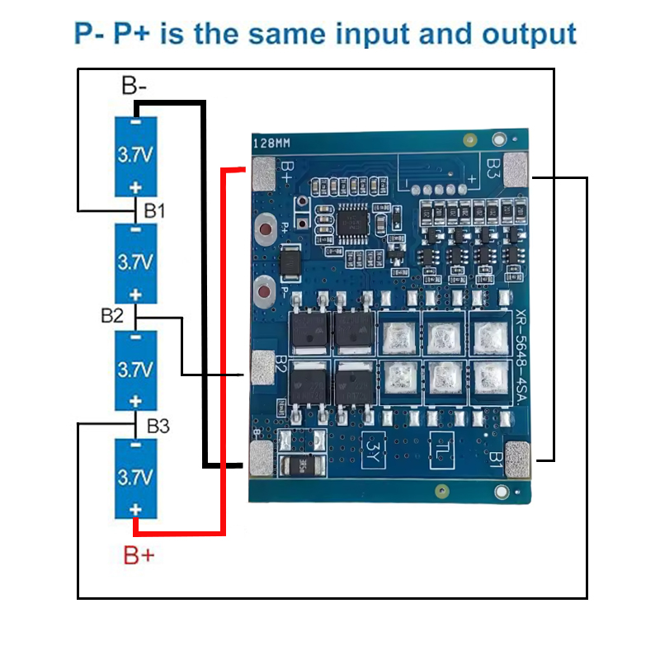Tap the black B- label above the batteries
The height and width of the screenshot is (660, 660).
tap(136, 86)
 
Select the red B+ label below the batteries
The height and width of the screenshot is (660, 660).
tap(139, 555)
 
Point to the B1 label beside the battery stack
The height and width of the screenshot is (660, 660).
tap(155, 211)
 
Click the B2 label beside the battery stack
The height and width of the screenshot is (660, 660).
tap(113, 315)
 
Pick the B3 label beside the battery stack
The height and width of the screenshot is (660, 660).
tap(158, 427)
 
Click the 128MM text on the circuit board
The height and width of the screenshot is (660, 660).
tap(271, 143)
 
